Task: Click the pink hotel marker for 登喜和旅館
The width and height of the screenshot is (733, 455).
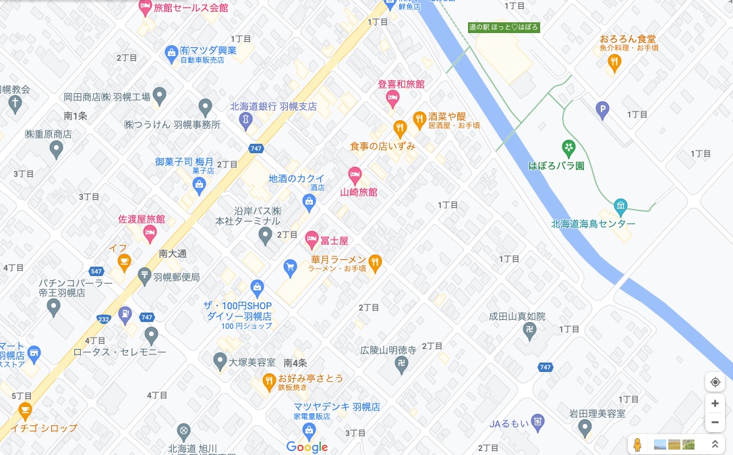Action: [392, 99]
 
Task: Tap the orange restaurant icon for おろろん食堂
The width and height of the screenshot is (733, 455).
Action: [614, 63]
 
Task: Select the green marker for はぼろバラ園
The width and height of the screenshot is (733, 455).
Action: [569, 146]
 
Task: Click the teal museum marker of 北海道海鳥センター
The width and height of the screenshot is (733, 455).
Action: [621, 205]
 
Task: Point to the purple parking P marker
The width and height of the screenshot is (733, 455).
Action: [603, 107]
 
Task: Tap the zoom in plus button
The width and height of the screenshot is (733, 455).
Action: [715, 403]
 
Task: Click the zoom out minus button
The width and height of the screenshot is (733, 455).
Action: [715, 423]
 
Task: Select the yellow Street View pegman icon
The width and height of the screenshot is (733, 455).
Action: [637, 444]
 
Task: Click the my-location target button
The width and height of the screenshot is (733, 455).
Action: [715, 382]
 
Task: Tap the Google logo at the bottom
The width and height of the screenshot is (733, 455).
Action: [307, 447]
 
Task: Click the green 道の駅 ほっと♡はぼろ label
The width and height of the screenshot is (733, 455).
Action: [504, 27]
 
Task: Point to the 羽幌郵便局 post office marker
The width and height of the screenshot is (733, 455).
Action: [144, 275]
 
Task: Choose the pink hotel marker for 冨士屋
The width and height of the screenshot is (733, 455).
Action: [312, 239]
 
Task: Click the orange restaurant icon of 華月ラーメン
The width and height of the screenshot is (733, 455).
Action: [376, 261]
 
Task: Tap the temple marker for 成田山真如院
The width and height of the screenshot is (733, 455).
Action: [530, 329]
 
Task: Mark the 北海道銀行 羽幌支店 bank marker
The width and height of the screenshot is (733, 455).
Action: [246, 119]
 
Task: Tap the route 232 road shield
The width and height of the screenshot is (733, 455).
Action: [104, 318]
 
